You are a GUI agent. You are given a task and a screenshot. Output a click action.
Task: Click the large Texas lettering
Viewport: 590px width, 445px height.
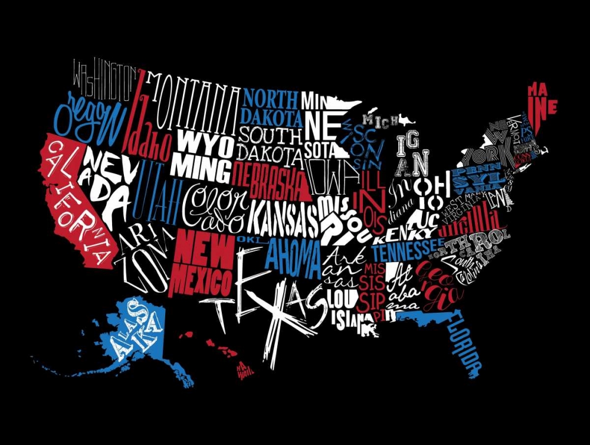[x=265, y=295]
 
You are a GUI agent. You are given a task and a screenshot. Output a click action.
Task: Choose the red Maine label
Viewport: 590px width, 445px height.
[x=542, y=100]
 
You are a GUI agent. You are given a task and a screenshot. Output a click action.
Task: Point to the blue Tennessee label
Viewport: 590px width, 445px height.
[x=407, y=250]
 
